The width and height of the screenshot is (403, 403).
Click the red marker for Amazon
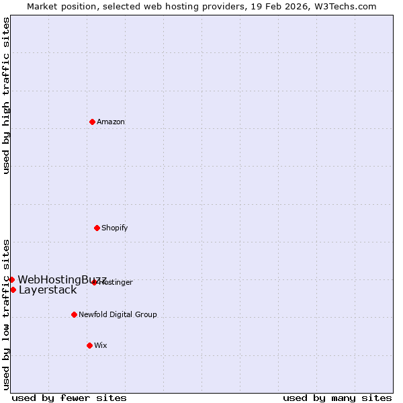[x=92, y=122]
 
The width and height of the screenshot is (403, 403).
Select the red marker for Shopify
[x=97, y=228]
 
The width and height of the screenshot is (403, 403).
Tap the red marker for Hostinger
[x=94, y=282]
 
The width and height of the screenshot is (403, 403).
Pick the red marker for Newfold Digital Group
[x=74, y=314]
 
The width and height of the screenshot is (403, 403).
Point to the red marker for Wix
[x=89, y=345]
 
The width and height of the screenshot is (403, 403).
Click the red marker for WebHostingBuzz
[x=11, y=279]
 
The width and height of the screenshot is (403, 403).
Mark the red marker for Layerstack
[x=13, y=289]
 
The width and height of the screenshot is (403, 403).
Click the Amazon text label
[x=111, y=122]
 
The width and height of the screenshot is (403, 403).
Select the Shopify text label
[x=115, y=228]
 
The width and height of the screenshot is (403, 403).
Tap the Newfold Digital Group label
[x=118, y=314]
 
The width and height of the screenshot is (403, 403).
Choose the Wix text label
[x=101, y=345]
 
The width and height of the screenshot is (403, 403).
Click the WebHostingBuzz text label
[x=62, y=279]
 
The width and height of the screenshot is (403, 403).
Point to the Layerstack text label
[x=48, y=290]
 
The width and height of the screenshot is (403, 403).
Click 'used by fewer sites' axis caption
[x=69, y=398]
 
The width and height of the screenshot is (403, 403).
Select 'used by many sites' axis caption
[x=337, y=398]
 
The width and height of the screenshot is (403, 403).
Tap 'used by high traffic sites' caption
[x=6, y=95]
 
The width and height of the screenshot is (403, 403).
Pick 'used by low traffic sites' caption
[x=6, y=314]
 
